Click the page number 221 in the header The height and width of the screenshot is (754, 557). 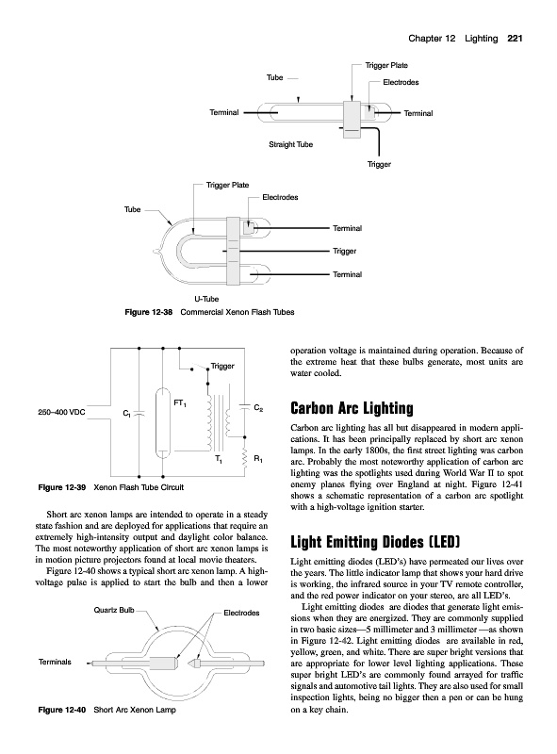[x=515, y=39]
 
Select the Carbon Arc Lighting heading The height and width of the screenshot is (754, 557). [x=352, y=408]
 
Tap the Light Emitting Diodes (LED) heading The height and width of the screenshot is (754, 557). [x=375, y=542]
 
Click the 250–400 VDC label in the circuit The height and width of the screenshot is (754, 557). [x=61, y=412]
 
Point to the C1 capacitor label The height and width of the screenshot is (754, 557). [x=126, y=413]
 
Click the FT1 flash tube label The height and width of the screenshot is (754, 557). [x=180, y=403]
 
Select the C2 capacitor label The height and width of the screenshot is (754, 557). [x=258, y=408]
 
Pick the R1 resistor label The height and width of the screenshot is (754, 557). [x=258, y=460]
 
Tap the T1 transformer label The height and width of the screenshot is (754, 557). [x=219, y=460]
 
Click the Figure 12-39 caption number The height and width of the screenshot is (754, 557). [x=62, y=487]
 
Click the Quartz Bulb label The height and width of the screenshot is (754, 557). [x=114, y=610]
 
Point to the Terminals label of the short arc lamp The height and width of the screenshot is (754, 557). [x=55, y=662]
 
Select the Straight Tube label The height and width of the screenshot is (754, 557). [x=290, y=144]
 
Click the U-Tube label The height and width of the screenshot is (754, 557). [x=206, y=299]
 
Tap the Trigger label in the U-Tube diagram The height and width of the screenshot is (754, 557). [x=344, y=251]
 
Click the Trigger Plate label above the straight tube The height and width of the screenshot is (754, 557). [x=386, y=65]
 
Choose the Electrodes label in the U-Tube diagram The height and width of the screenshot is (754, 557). [x=280, y=197]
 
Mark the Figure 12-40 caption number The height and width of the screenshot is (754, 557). [x=62, y=710]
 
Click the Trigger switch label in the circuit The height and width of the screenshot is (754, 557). [x=222, y=367]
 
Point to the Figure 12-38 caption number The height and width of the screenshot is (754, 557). [x=149, y=312]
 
